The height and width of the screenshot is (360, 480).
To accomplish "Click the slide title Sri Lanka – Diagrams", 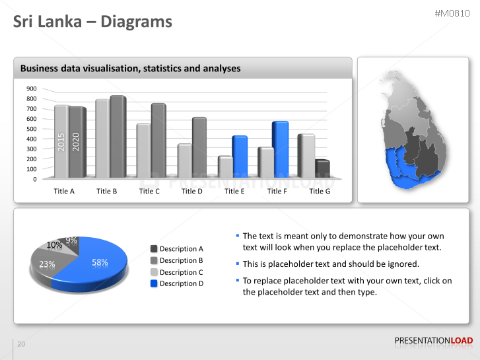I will pyautogui.click(x=92, y=22).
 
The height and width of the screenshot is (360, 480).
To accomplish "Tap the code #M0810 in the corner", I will pyautogui.click(x=452, y=13).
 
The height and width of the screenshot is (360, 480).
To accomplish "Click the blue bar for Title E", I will pyautogui.click(x=239, y=157).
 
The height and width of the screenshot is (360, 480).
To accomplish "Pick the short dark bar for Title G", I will pyautogui.click(x=322, y=169).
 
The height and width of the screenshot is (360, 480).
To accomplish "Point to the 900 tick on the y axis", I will pyautogui.click(x=32, y=89).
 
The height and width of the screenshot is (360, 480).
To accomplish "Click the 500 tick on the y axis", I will pyautogui.click(x=32, y=129).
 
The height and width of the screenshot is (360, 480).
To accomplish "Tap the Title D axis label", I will pyautogui.click(x=191, y=191).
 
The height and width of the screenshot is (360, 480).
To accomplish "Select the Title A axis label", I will pyautogui.click(x=64, y=191).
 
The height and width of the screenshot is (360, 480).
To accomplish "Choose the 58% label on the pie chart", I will pyautogui.click(x=100, y=262).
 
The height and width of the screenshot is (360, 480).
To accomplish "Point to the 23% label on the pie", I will pyautogui.click(x=47, y=264).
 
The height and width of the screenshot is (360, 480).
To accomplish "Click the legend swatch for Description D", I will pyautogui.click(x=154, y=283).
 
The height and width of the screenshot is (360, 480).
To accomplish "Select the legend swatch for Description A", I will pyautogui.click(x=154, y=249).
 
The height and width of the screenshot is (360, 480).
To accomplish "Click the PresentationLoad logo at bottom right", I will pyautogui.click(x=433, y=340).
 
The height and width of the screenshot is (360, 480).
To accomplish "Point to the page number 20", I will pyautogui.click(x=21, y=344).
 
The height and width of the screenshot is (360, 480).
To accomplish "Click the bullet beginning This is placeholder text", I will pyautogui.click(x=330, y=264).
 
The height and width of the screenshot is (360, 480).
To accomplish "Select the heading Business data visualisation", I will pyautogui.click(x=130, y=68).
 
